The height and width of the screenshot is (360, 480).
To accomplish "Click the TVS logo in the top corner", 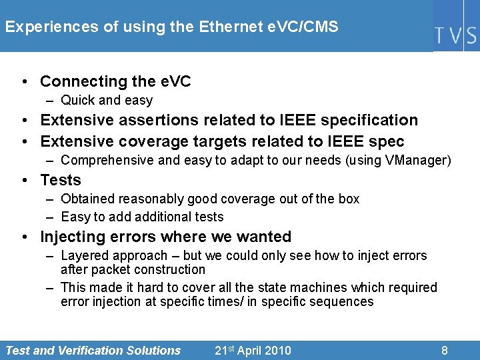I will pyautogui.click(x=456, y=35).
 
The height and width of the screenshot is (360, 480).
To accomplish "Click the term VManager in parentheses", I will pyautogui.click(x=419, y=161).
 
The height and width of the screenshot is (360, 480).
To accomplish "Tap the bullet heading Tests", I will pyautogui.click(x=61, y=181).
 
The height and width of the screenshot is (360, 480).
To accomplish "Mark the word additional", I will pyautogui.click(x=162, y=217).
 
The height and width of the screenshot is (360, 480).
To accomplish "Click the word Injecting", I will pyautogui.click(x=71, y=237).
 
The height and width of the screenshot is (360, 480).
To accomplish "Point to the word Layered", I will pyautogui.click(x=84, y=255).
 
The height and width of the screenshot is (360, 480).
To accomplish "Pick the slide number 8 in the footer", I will pyautogui.click(x=445, y=351).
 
